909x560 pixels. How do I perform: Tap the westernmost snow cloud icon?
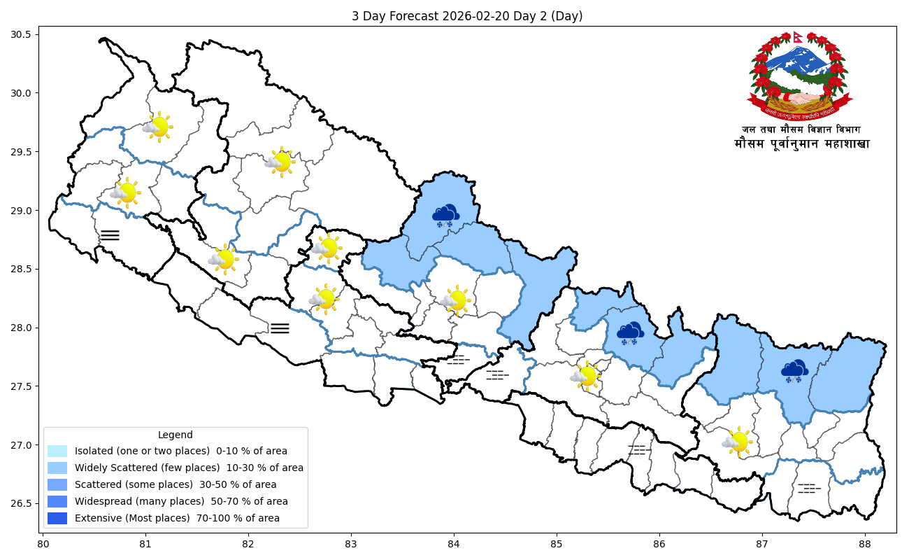445,215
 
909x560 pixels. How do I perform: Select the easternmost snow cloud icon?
794,371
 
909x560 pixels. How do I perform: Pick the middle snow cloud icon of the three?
631,333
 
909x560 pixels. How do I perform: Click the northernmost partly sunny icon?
158,127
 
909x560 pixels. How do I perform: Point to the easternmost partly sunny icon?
737,442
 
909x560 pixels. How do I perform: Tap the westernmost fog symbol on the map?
110,235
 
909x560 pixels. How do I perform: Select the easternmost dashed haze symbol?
809,488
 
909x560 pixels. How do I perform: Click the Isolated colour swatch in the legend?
57,451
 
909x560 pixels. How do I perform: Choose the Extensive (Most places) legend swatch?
57,518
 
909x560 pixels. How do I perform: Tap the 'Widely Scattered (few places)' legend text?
189,468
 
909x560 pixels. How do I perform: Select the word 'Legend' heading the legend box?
176,435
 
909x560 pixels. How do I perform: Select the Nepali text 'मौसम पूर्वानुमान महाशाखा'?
801,144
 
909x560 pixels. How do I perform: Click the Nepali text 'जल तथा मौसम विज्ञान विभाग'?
801,129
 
